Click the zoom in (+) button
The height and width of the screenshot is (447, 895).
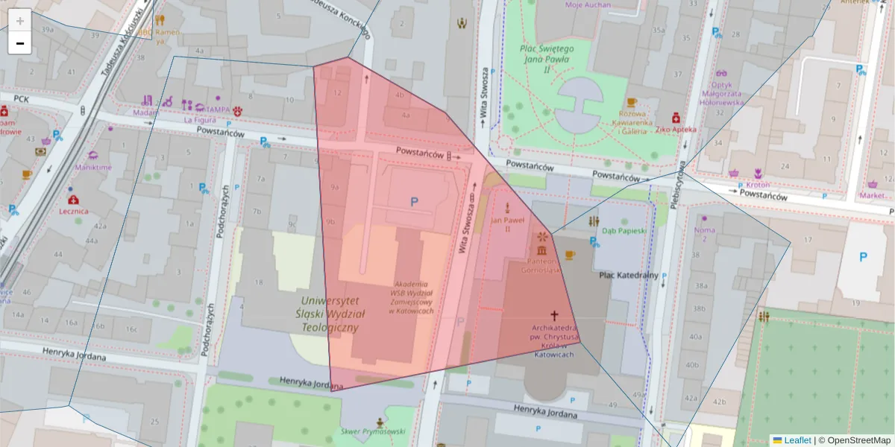click(20, 20)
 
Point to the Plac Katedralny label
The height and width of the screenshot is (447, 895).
click(629, 275)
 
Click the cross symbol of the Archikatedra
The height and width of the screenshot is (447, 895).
click(553, 316)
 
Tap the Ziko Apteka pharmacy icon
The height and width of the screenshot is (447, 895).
click(676, 117)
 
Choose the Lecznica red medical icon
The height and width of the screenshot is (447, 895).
click(73, 200)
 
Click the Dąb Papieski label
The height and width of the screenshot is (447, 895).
click(624, 231)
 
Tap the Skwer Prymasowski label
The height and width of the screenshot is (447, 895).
click(372, 431)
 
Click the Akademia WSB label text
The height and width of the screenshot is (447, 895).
click(411, 297)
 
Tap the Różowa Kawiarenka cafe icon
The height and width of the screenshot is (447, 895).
click(632, 102)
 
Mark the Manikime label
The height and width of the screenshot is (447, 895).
click(93, 168)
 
